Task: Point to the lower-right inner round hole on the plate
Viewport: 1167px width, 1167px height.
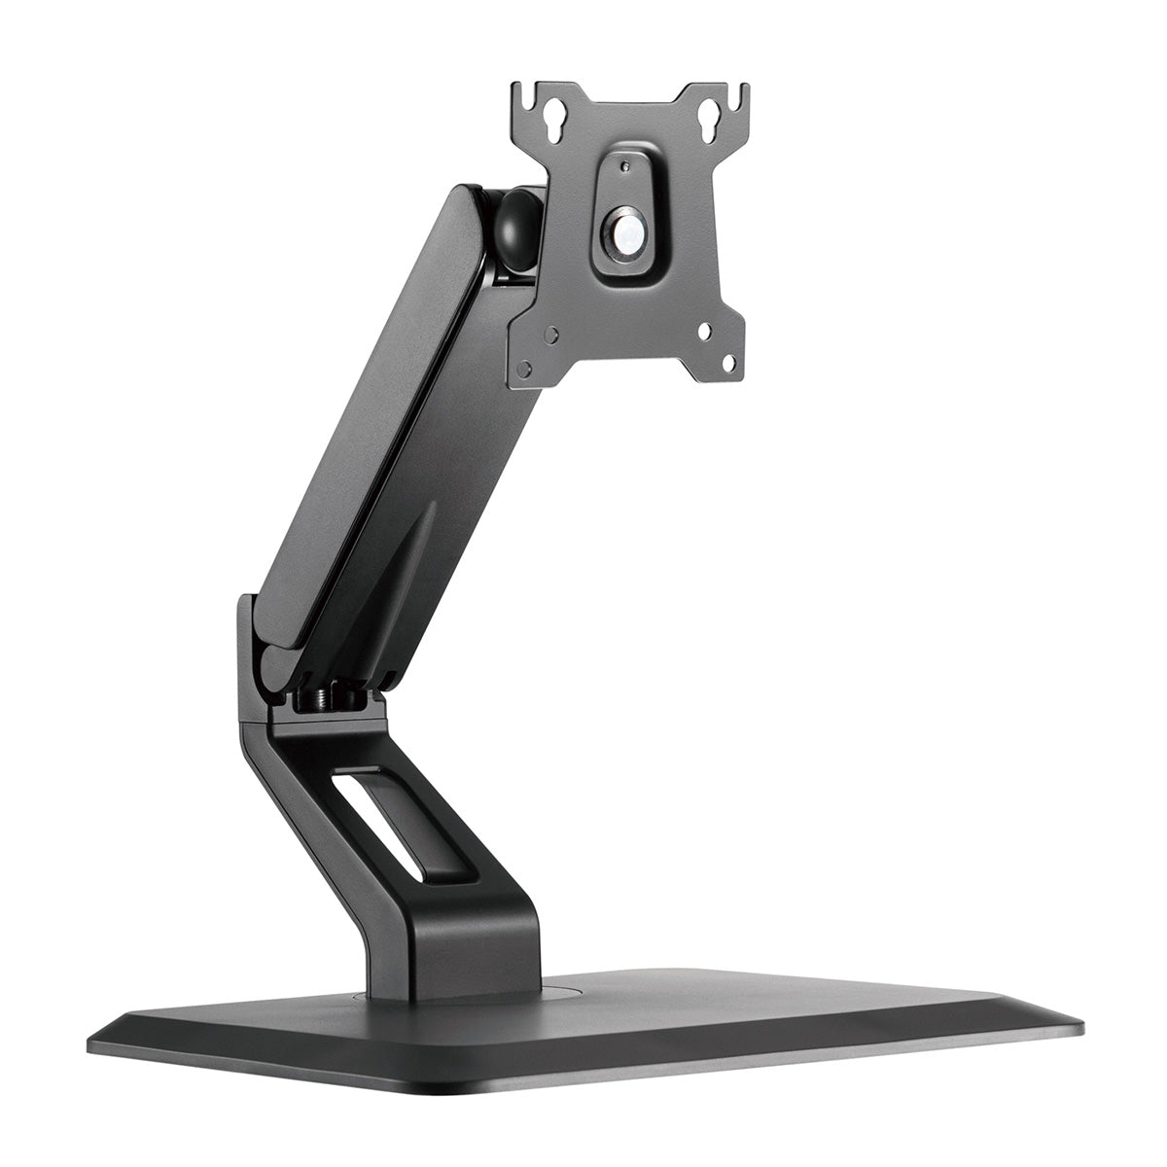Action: [x=703, y=331]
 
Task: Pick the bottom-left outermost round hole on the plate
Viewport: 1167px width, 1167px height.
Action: [x=524, y=370]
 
